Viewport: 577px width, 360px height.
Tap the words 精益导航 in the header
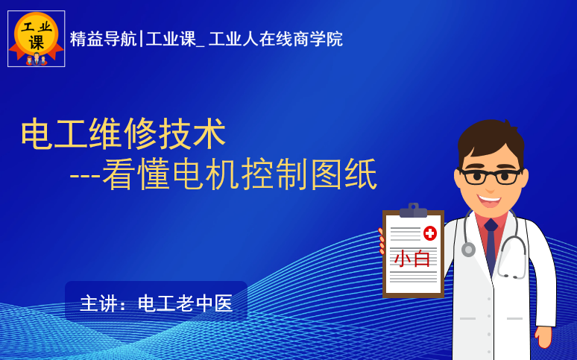[103, 39]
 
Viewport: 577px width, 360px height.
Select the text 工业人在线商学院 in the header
[276, 39]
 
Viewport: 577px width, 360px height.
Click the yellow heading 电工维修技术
[123, 133]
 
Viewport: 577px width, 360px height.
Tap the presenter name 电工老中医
[185, 303]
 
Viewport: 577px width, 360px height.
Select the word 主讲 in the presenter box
[98, 303]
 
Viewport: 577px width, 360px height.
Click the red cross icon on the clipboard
[430, 233]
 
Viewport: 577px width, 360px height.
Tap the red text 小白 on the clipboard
[412, 259]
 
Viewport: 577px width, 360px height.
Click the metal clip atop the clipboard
[413, 210]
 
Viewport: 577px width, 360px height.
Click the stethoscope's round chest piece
[468, 249]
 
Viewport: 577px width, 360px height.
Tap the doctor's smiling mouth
[489, 201]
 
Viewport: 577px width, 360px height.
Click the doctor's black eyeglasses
[491, 177]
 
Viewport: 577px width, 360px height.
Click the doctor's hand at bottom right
[543, 336]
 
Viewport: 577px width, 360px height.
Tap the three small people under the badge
[37, 60]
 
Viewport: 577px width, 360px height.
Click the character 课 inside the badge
[37, 42]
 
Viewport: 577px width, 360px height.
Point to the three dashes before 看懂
[85, 176]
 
